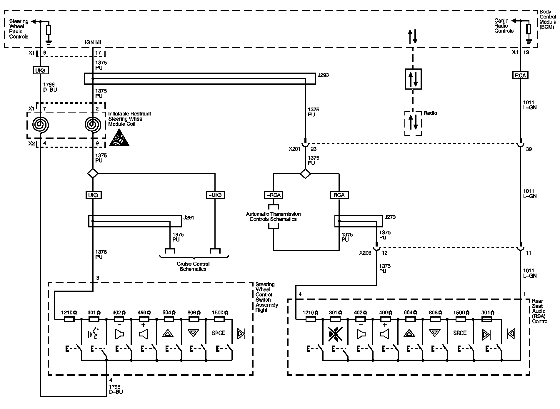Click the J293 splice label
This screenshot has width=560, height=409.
[x=323, y=75]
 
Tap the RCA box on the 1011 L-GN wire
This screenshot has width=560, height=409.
[x=520, y=76]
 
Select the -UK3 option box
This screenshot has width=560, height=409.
[x=215, y=195]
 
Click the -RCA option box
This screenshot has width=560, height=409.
[x=273, y=195]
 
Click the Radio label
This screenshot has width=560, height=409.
[x=430, y=113]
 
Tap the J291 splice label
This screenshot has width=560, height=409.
[x=189, y=218]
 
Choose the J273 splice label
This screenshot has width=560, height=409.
[x=390, y=217]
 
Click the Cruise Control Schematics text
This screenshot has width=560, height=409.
[x=193, y=266]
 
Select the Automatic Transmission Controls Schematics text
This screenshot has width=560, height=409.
[x=273, y=217]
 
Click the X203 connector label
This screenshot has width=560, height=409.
[x=365, y=253]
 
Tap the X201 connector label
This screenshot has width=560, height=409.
[x=294, y=149]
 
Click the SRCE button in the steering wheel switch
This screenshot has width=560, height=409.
[x=218, y=333]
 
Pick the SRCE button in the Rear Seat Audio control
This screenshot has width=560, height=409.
[x=460, y=333]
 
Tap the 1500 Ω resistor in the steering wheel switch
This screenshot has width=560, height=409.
[x=219, y=319]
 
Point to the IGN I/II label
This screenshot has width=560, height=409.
[x=93, y=43]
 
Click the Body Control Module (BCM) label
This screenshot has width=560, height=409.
[x=548, y=19]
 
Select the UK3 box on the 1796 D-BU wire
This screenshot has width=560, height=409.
[x=40, y=71]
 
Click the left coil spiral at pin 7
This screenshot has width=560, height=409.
[x=41, y=125]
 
